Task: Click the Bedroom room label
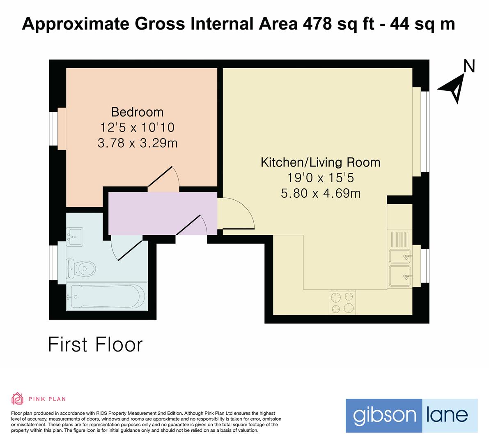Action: point(137,112)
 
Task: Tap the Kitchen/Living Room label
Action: point(320,162)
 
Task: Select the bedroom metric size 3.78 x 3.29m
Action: point(137,143)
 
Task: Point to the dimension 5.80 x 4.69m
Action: point(320,193)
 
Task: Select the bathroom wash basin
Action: point(74,237)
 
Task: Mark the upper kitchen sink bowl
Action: point(399,256)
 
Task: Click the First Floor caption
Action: point(95,345)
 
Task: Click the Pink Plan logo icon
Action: point(18,398)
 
